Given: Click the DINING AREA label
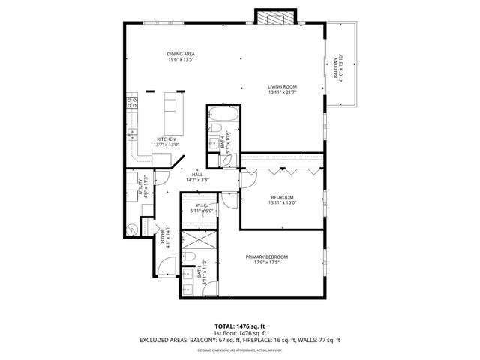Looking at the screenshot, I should pos(181,54).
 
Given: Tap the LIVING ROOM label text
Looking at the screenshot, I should pos(283,86).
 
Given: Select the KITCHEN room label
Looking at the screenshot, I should pos(166,139).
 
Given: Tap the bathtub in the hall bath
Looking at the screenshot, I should pos(223,115).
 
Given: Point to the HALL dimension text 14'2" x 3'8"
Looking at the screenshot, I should pos(197,180).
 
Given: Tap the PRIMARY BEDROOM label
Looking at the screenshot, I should pos(266,257).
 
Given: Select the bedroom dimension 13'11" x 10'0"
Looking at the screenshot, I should pos(283,202).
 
